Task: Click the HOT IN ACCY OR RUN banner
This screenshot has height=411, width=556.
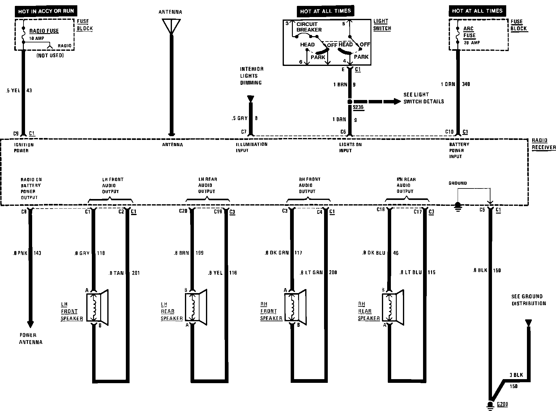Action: point(46,11)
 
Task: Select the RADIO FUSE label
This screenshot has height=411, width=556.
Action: point(44,31)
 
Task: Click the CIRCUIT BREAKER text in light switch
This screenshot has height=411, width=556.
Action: point(309,27)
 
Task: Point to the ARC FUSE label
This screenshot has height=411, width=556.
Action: point(469,32)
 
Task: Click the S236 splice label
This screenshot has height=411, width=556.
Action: point(358,107)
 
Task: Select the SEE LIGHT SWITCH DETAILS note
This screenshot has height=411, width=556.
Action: point(423,98)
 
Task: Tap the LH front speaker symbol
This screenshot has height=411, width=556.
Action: point(97,307)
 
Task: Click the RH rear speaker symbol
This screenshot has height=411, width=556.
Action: point(393,307)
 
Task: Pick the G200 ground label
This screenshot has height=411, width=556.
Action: point(503,404)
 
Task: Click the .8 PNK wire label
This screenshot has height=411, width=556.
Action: point(20,253)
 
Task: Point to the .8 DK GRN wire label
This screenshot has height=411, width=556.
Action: point(276,253)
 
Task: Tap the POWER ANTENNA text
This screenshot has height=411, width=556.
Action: point(30,339)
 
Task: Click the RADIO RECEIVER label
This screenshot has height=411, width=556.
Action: point(543,144)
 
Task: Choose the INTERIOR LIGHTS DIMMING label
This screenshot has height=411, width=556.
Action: point(252,76)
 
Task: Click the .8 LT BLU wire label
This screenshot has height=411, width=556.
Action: point(410,272)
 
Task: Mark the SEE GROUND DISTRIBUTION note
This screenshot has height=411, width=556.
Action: point(529,300)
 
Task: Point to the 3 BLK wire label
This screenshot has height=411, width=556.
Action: point(516,375)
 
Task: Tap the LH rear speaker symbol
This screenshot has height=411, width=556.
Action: point(196,307)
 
